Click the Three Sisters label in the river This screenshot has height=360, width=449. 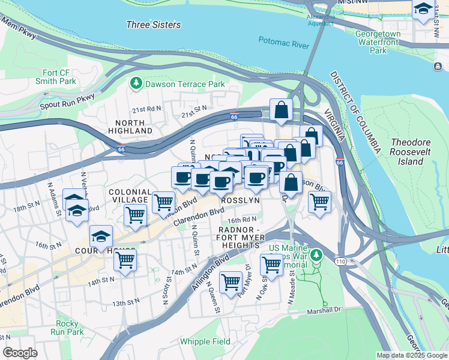point(153,25)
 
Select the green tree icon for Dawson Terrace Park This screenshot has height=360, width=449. point(137,83)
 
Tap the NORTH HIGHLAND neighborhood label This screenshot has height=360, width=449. point(130,126)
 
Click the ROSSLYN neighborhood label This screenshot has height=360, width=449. point(240,200)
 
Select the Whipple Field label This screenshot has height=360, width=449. point(205,341)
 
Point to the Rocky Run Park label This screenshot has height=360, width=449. point(83,328)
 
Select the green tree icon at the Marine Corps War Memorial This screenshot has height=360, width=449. point(316,254)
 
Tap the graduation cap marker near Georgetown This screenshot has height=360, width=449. point(423,8)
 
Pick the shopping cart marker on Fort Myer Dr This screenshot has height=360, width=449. point(231,281)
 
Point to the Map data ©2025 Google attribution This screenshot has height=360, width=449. point(412,355)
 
